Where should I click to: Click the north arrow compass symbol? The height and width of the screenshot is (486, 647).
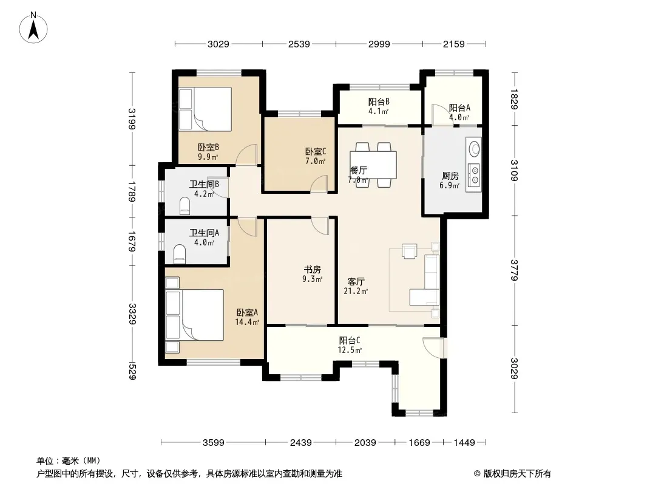click(33, 28)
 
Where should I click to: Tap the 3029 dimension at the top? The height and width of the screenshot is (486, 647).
click(218, 44)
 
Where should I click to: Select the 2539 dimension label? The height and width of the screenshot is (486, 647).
click(299, 44)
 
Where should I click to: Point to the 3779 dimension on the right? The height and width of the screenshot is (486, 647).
click(514, 270)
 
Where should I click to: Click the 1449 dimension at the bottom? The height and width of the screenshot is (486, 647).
click(464, 443)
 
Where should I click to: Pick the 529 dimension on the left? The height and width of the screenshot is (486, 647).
click(132, 371)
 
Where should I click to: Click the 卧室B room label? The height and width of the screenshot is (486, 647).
click(208, 147)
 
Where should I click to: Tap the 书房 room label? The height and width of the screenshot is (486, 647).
click(313, 270)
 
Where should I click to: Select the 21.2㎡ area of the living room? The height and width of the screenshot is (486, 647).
click(356, 291)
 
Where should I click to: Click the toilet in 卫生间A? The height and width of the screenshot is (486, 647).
click(180, 255)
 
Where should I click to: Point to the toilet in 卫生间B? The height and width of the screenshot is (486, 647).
click(185, 205)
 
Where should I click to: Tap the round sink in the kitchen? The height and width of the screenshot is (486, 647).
click(474, 148)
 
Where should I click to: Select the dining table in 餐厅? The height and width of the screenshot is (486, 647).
click(373, 165)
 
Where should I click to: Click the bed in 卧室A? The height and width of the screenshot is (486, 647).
click(194, 315)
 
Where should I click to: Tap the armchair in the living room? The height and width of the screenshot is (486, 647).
click(410, 251)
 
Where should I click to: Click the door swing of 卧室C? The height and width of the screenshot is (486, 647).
click(319, 183)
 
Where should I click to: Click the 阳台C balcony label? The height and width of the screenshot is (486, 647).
click(350, 341)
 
